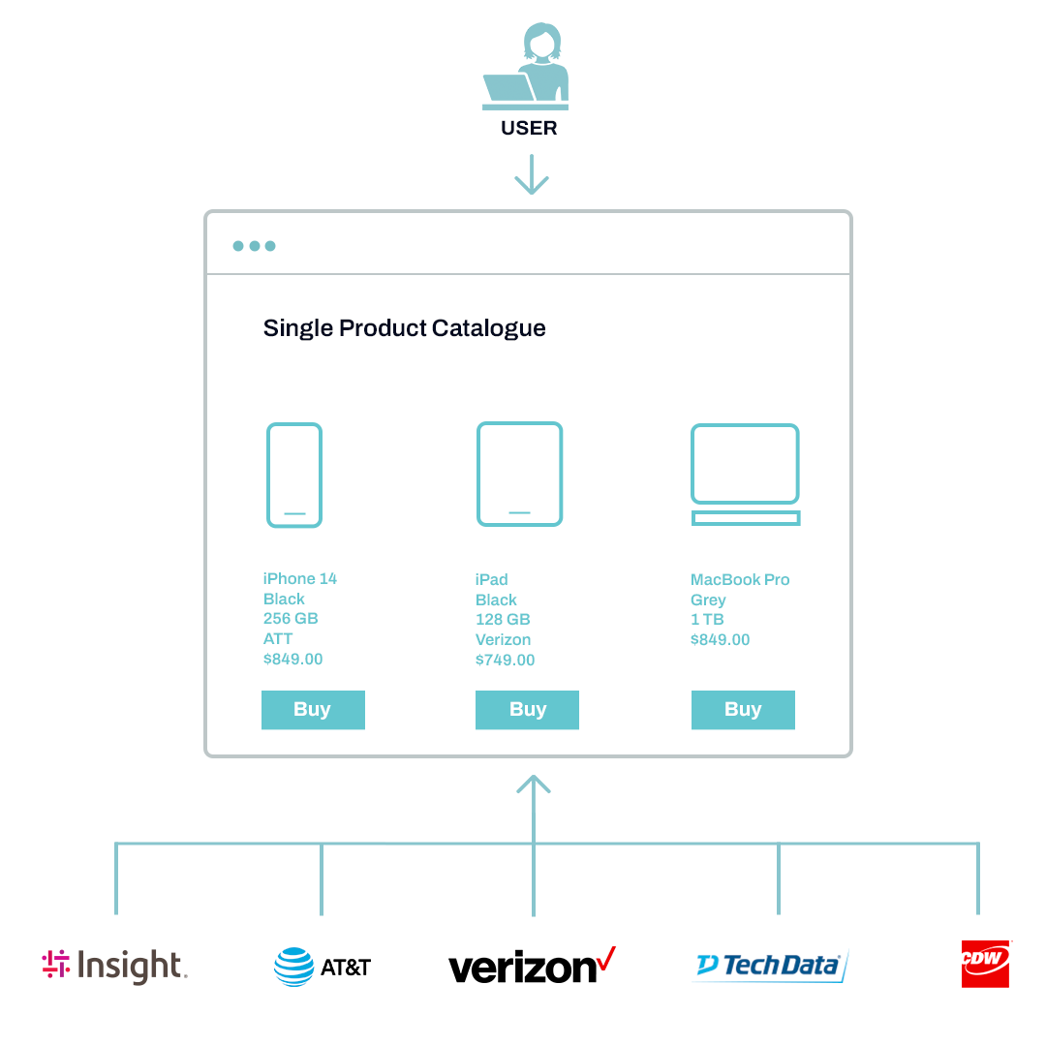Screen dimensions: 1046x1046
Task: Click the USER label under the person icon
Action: tap(529, 128)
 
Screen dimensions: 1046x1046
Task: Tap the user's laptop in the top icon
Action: tap(509, 88)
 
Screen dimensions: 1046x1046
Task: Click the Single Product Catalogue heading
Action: tap(404, 328)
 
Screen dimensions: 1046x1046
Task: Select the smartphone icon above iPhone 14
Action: tap(294, 475)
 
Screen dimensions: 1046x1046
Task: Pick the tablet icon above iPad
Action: tap(519, 474)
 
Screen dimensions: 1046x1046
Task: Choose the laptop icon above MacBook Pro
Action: tap(745, 475)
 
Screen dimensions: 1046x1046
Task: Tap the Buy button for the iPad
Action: tap(527, 710)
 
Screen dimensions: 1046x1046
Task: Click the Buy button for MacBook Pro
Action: tap(743, 710)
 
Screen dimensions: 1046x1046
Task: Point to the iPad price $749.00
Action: tap(505, 661)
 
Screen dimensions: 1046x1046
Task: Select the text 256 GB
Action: tap(291, 619)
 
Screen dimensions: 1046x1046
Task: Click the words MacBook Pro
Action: tap(740, 580)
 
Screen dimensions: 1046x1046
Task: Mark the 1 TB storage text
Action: tap(707, 620)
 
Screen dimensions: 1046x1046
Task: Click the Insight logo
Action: tap(114, 966)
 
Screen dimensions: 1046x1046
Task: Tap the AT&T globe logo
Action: tap(293, 966)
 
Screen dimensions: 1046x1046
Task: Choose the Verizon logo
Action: tap(532, 967)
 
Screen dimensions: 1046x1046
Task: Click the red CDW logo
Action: tap(985, 964)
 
